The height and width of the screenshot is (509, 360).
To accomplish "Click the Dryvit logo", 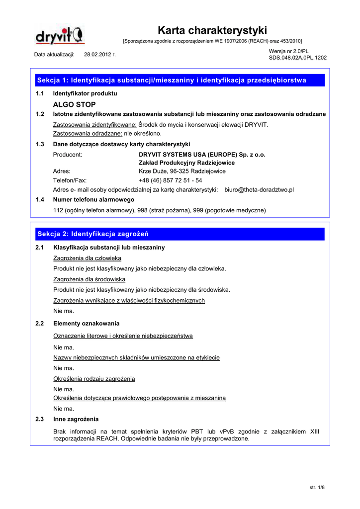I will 60,36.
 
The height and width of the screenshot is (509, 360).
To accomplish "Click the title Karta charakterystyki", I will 212,30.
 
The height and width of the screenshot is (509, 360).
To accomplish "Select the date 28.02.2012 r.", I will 100,54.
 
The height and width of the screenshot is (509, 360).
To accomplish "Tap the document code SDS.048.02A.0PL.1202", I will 297,58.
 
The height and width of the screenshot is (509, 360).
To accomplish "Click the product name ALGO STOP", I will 74,104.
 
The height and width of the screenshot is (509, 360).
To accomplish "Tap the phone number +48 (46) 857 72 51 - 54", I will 170,180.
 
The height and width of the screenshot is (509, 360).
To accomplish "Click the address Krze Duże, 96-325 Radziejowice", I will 182,171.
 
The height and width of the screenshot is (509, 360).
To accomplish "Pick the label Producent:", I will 68,155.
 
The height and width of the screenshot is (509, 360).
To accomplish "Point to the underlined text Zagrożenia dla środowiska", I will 89,279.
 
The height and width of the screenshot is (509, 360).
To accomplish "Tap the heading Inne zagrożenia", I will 76,419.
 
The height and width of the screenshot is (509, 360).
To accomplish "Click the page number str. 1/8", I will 317,487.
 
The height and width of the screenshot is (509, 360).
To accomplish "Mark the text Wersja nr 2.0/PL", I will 289,51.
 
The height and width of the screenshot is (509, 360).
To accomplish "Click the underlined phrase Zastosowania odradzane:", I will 88,133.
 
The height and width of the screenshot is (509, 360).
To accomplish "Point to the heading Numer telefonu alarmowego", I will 93,199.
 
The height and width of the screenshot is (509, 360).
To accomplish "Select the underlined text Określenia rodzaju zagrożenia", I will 94,379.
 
